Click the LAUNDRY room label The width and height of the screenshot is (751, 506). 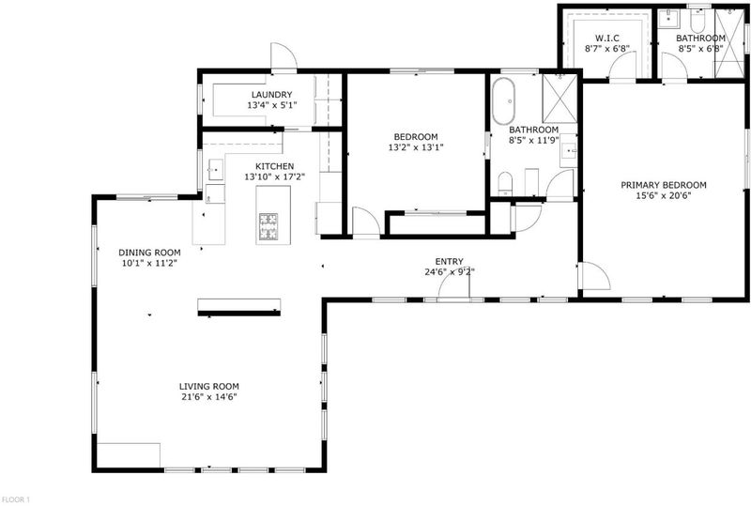(271, 95)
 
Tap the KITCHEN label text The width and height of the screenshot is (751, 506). (274, 166)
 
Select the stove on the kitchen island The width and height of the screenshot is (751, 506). (268, 226)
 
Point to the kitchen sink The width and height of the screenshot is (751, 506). (216, 170)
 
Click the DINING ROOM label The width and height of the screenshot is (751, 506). (149, 253)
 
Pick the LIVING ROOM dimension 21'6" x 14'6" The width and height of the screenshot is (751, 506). (208, 397)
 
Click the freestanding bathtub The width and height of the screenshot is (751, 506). (503, 101)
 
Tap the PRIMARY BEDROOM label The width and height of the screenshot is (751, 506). (664, 185)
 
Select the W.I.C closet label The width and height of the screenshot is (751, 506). (607, 38)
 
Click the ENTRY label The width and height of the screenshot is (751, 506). (450, 261)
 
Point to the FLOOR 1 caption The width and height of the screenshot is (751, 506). (15, 499)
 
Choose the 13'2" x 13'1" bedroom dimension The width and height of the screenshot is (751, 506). (416, 147)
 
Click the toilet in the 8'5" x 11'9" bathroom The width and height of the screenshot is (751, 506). (505, 183)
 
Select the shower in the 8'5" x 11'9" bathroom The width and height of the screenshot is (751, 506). (559, 99)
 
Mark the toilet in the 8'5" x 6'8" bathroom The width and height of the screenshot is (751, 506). (697, 21)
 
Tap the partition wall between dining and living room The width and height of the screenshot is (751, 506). (239, 314)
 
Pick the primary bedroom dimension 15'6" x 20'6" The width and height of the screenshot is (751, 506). (664, 195)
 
